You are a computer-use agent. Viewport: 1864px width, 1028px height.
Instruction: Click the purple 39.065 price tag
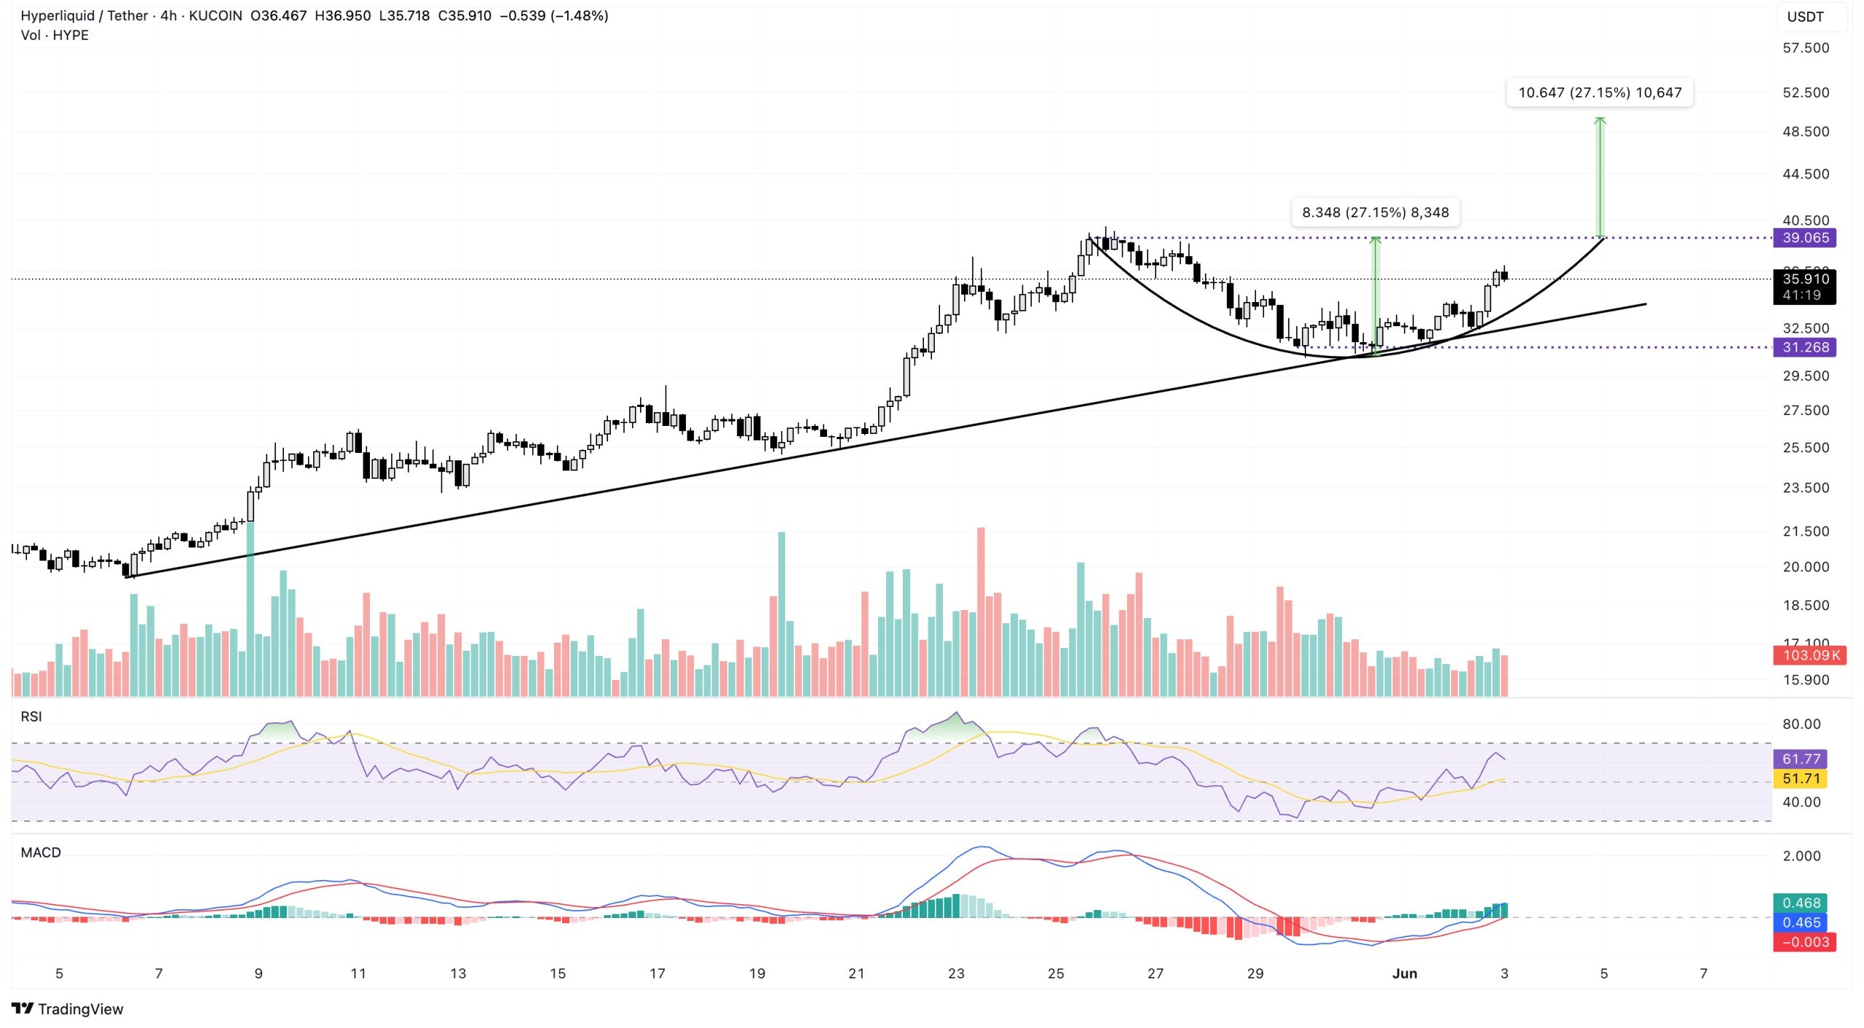click(x=1804, y=238)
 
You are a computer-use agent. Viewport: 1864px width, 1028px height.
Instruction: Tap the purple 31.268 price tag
click(x=1804, y=347)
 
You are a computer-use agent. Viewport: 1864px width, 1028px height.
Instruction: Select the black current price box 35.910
click(x=1804, y=280)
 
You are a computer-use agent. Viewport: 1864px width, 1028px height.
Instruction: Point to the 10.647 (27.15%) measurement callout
click(x=1599, y=92)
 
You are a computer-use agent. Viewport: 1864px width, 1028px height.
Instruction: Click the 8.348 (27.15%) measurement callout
click(x=1375, y=213)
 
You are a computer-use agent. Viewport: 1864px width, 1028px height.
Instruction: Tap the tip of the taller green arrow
click(x=1600, y=119)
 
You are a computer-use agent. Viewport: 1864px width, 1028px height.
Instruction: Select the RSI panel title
click(x=31, y=716)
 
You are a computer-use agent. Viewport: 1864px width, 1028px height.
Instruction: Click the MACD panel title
click(x=41, y=853)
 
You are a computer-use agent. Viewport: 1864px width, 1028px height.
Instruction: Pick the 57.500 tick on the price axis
click(x=1805, y=48)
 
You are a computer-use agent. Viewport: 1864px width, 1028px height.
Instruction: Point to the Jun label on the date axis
click(x=1404, y=973)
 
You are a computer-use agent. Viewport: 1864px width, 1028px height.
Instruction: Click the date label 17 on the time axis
click(x=657, y=973)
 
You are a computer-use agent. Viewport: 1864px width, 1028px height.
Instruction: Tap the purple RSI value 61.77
click(x=1801, y=759)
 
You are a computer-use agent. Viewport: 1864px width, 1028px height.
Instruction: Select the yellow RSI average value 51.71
click(x=1801, y=779)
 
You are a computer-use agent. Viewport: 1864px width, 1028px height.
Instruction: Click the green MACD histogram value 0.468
click(x=1801, y=903)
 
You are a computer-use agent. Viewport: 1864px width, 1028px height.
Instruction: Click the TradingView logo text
click(x=80, y=1009)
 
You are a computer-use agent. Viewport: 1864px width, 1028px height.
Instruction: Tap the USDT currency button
click(x=1805, y=17)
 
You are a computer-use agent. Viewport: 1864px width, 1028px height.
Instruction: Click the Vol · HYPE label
click(x=55, y=35)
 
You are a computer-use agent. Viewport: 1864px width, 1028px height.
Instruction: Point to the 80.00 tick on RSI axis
click(x=1801, y=724)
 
